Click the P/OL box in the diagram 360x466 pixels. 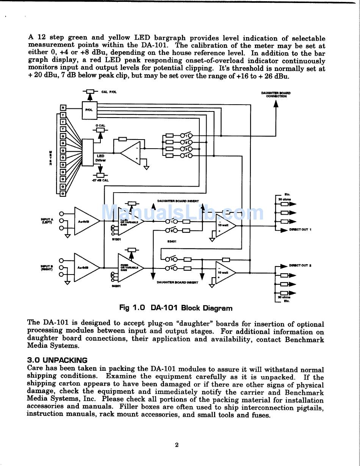tap(89, 109)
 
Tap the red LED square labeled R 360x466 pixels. tap(63, 107)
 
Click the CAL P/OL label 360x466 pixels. tap(109, 92)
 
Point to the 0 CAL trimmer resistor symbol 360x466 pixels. tap(100, 130)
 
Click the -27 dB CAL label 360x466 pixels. tap(100, 180)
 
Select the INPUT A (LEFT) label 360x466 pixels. tap(47, 221)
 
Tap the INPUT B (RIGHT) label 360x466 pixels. tap(47, 267)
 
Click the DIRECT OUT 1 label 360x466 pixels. tap(300, 229)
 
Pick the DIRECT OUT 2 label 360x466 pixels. tap(300, 265)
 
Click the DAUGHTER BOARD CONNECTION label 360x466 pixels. tap(276, 94)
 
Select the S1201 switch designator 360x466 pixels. tap(116, 239)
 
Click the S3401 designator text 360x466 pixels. tap(172, 241)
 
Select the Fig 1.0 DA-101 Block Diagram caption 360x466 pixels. tap(176, 308)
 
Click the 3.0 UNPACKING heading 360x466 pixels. tap(57, 360)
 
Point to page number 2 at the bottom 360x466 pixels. tap(177, 445)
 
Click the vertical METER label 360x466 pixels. tap(51, 158)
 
